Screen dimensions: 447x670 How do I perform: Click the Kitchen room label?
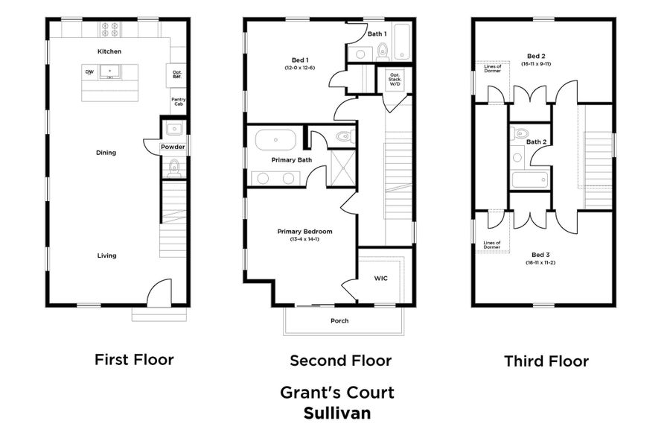click(x=109, y=51)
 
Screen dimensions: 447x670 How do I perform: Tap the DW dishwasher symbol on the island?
click(x=89, y=72)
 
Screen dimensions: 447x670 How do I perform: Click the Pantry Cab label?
click(x=178, y=102)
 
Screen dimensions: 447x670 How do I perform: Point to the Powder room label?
click(x=173, y=147)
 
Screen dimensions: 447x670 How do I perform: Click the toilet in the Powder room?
click(x=174, y=167)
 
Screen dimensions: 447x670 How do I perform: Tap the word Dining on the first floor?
click(x=106, y=153)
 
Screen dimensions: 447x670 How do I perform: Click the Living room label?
click(x=106, y=256)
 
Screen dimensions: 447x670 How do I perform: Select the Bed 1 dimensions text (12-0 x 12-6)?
click(x=299, y=68)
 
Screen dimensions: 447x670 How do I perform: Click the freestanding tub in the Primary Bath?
click(x=275, y=140)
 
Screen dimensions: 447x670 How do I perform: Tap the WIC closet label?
click(x=380, y=278)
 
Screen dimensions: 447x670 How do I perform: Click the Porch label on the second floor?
click(x=339, y=321)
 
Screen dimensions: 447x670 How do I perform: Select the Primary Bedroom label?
click(x=304, y=232)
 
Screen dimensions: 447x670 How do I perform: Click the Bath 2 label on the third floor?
click(x=537, y=142)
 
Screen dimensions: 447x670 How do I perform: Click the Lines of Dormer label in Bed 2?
click(x=492, y=69)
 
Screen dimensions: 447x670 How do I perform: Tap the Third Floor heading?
click(x=546, y=362)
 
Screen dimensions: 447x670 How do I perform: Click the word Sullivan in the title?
click(x=336, y=412)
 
